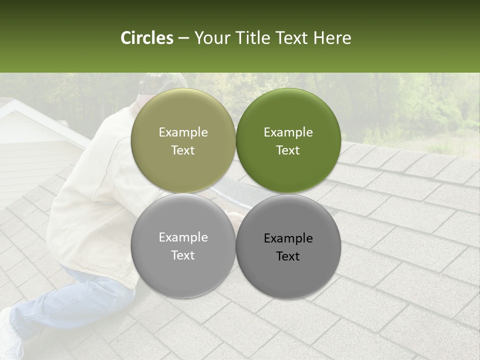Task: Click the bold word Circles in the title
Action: (147, 38)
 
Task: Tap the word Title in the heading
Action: (254, 38)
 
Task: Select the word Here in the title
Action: (332, 38)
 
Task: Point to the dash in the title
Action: (183, 38)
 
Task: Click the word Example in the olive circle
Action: (183, 132)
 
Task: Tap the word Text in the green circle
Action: (288, 150)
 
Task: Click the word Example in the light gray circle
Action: (183, 237)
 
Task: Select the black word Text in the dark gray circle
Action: (288, 256)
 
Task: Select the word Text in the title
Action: (291, 38)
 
